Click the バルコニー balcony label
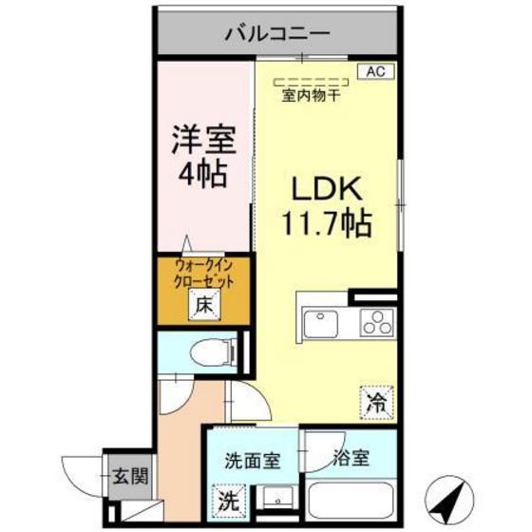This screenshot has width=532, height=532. (x=276, y=34)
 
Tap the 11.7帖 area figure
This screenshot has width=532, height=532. (x=324, y=224)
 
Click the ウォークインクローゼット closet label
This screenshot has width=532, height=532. (x=203, y=274)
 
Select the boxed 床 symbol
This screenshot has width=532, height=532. (x=203, y=306)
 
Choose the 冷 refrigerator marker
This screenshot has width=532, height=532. (x=376, y=402)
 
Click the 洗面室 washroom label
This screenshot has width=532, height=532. (x=252, y=461)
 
